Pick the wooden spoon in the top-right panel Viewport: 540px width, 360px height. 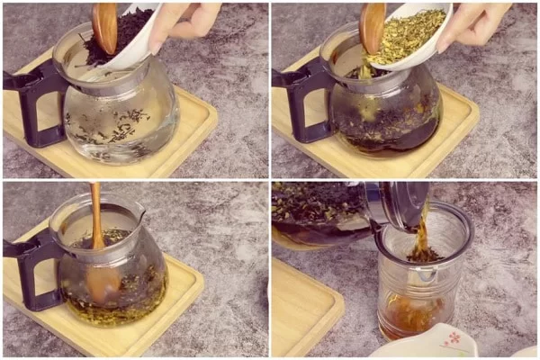[372, 27]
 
